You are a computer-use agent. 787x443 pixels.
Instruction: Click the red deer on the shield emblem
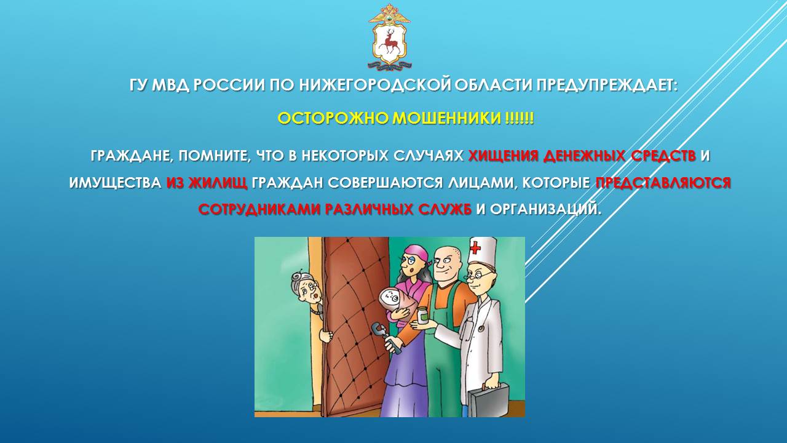pos(390,44)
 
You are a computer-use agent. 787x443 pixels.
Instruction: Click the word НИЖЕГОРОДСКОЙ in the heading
pos(375,85)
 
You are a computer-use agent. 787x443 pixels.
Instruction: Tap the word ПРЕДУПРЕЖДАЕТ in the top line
pos(606,85)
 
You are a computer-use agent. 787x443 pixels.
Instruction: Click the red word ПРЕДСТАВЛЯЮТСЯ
pos(663,183)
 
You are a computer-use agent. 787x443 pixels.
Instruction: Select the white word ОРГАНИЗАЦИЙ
pos(545,209)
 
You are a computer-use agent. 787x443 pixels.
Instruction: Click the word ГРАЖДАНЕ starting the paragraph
pos(132,156)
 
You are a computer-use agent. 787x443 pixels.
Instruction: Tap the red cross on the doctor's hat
pos(475,248)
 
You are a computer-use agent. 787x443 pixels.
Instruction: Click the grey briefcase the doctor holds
pos(488,400)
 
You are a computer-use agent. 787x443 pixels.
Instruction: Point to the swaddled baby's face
pos(391,300)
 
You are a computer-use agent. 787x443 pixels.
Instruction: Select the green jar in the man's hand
pos(422,315)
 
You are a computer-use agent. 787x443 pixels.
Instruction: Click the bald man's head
pos(446,263)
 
